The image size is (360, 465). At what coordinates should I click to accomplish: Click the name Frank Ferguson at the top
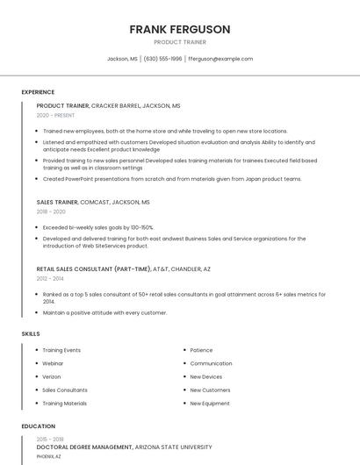[x=179, y=29]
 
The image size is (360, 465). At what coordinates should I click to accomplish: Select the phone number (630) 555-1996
[x=162, y=59]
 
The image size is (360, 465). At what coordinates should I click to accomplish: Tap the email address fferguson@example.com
[x=220, y=59]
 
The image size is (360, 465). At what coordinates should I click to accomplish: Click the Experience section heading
[x=38, y=92]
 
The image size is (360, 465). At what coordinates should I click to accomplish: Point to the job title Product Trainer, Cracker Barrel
[x=108, y=105]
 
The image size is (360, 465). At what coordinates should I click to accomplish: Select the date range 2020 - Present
[x=56, y=116]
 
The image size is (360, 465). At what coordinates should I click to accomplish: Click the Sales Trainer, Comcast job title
[x=93, y=202]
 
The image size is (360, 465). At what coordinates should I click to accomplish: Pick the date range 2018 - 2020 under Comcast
[x=51, y=211]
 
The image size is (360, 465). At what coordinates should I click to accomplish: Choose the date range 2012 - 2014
[x=51, y=278]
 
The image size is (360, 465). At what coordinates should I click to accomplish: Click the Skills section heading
[x=31, y=333]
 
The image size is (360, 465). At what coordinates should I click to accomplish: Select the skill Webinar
[x=53, y=363]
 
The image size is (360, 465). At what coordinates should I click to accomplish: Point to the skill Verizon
[x=53, y=376]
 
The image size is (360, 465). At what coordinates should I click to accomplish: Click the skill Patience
[x=201, y=350]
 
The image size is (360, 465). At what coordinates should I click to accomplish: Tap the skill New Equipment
[x=210, y=404]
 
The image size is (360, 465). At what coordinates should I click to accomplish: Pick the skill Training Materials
[x=64, y=404]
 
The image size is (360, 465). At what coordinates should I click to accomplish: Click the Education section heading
[x=38, y=426]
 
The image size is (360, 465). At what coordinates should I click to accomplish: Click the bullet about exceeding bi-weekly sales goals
[x=97, y=227]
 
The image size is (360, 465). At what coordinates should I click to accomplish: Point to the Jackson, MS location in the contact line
[x=122, y=59]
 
